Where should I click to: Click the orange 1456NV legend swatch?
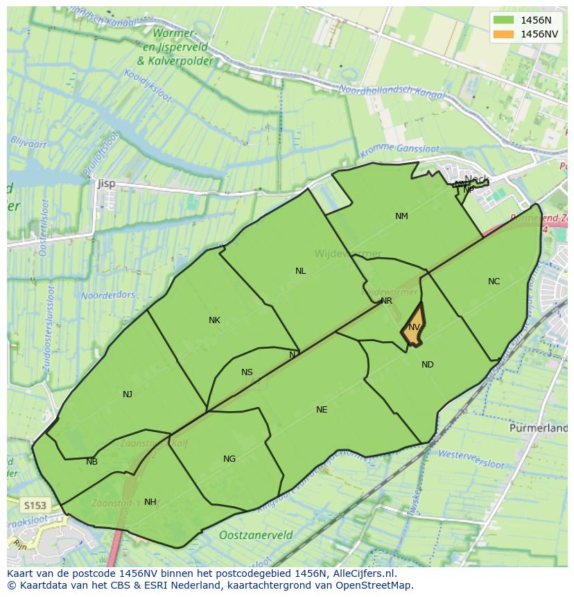tap(504, 34)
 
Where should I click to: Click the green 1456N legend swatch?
tap(504, 20)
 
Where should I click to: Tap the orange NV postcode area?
tap(413, 327)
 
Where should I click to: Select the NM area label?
tap(401, 216)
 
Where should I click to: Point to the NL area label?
tap(300, 271)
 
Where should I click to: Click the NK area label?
tap(214, 320)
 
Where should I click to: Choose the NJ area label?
tap(128, 395)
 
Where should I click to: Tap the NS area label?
tap(247, 372)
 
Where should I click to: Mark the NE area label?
tap(322, 410)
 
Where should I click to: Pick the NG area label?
tap(229, 459)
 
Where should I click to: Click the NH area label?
tap(150, 502)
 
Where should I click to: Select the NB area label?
tap(92, 462)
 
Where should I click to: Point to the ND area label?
tap(427, 365)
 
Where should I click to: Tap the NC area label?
tap(494, 282)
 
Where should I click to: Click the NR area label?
tap(386, 301)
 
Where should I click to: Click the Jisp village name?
tap(107, 184)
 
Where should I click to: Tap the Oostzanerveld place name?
tap(255, 535)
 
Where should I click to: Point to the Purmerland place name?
tap(538, 429)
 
